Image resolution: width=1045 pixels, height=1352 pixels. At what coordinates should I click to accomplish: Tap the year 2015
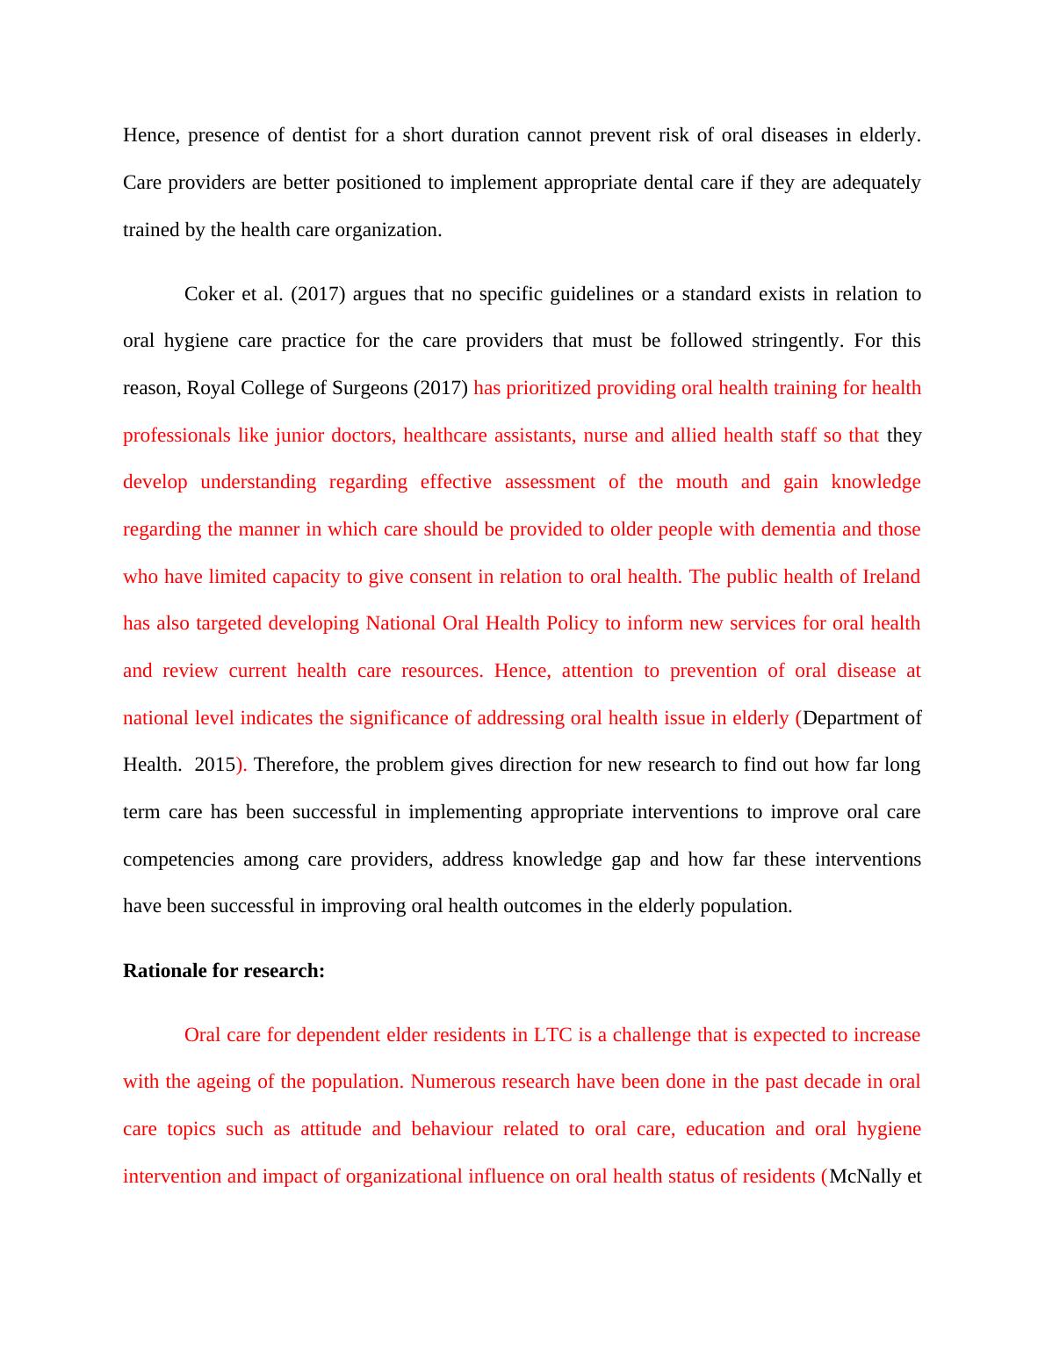214,765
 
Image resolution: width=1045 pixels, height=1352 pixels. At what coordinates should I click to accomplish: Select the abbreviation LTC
552,1035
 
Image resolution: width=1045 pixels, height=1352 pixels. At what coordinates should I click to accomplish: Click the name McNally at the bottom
863,1176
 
